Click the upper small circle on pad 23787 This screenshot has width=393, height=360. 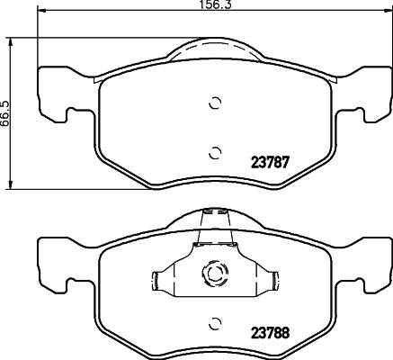tap(214, 102)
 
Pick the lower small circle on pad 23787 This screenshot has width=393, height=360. tap(214, 151)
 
